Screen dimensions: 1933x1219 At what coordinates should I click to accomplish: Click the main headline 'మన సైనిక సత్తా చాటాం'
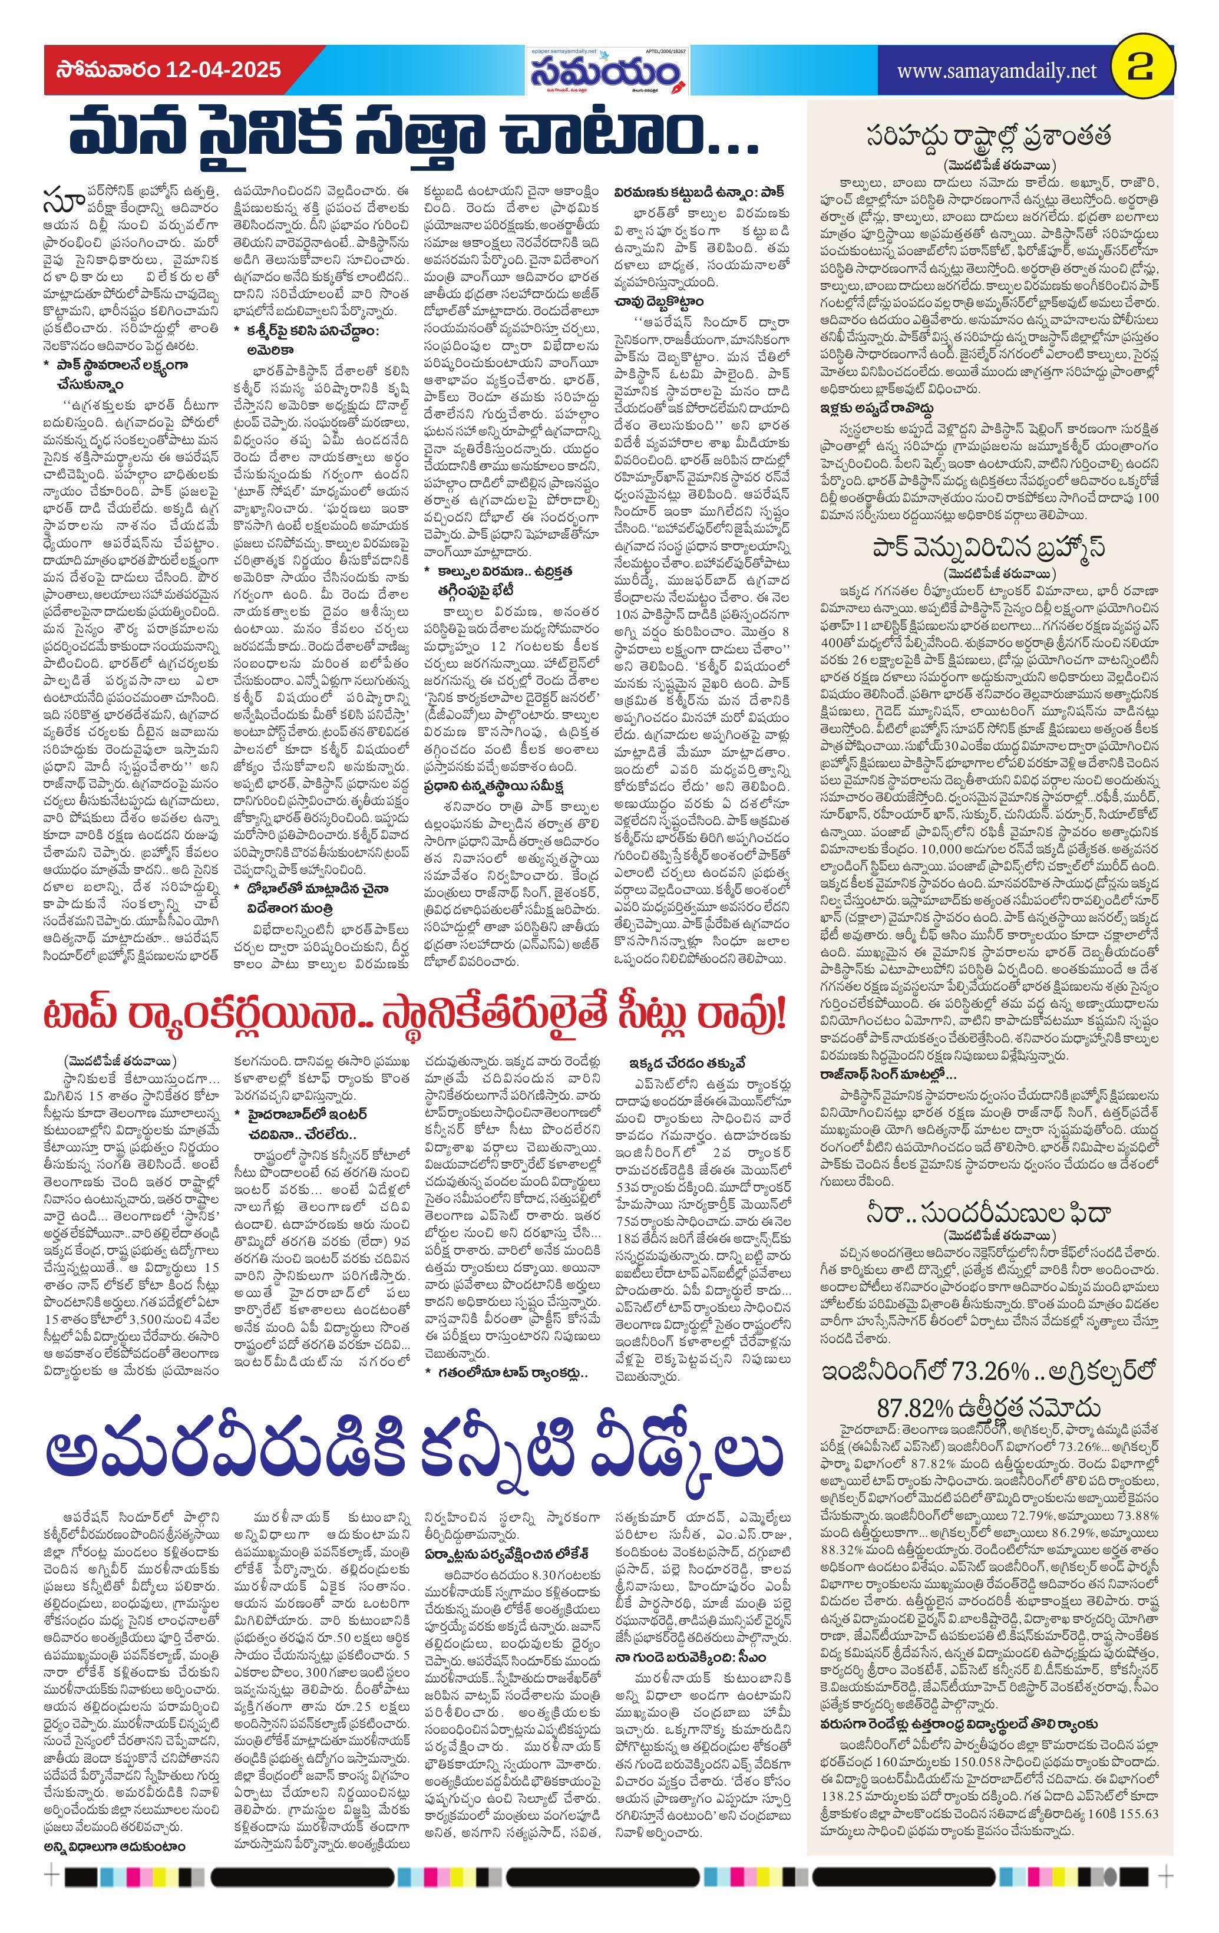pyautogui.click(x=412, y=137)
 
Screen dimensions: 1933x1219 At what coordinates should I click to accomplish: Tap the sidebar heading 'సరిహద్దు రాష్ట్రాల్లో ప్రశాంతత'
pyautogui.click(x=989, y=136)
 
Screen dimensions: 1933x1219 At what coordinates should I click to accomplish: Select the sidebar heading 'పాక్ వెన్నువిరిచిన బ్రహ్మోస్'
pyautogui.click(x=989, y=547)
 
